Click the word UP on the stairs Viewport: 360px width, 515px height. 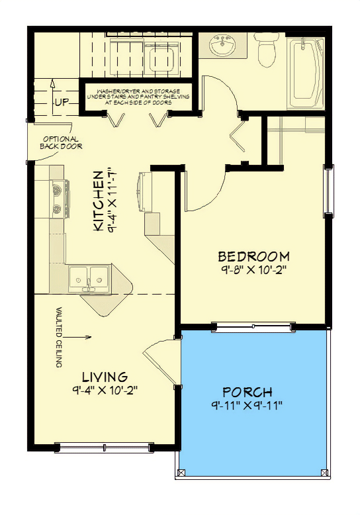(x=62, y=103)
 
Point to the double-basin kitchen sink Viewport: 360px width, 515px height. (x=91, y=277)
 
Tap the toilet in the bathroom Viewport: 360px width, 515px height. (x=267, y=52)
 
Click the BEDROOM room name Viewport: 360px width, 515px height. (x=253, y=256)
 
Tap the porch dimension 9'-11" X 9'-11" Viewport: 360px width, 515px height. (x=247, y=405)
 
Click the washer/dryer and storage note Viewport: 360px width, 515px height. (x=138, y=96)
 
